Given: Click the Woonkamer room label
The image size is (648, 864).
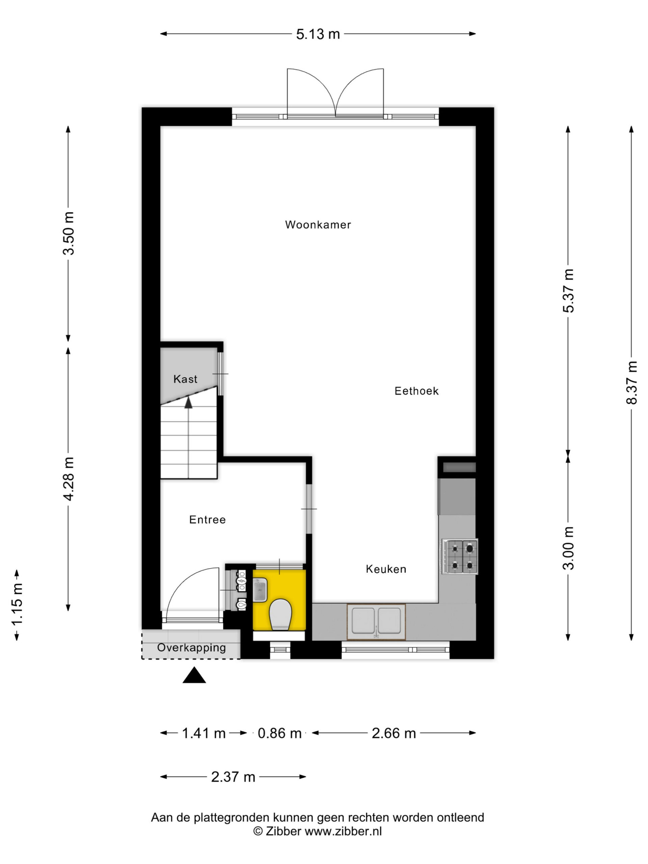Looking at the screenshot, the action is [318, 224].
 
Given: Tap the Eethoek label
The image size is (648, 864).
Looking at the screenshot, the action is [416, 391].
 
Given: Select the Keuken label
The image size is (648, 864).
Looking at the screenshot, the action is [386, 569].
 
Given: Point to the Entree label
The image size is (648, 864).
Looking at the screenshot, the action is [208, 519].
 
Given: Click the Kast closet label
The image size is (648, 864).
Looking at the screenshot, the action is [185, 379].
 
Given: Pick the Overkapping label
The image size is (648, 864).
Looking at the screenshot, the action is [191, 648].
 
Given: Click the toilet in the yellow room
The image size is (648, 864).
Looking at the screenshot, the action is [280, 615].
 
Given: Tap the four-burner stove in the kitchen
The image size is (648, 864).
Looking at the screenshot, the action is [460, 557].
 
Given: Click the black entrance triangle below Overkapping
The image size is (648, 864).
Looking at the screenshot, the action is [194, 675].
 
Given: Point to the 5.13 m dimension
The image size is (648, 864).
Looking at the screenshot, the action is [318, 34].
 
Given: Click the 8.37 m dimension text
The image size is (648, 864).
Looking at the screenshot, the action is [631, 382].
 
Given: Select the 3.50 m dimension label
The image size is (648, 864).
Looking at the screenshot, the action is [69, 233].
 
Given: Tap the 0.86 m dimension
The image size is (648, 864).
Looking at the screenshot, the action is [280, 733].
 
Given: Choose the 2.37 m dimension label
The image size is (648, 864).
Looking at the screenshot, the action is [233, 777].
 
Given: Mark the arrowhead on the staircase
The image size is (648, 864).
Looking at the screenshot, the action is [188, 402].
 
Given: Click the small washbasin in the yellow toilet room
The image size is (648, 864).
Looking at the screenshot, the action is [260, 590].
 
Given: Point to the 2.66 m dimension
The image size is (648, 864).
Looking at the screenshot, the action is [394, 733].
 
